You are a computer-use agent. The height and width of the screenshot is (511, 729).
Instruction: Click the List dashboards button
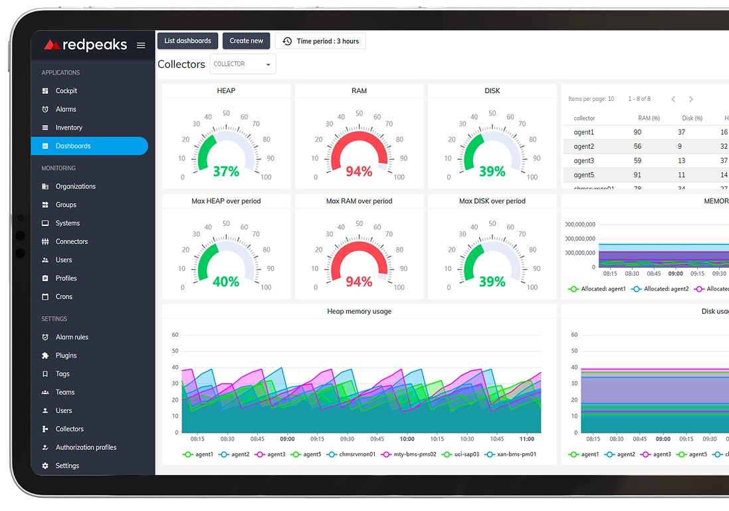coord(187,41)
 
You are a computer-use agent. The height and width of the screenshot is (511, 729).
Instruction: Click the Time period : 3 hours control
coord(320,41)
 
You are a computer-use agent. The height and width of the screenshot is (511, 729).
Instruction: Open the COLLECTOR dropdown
coord(243,64)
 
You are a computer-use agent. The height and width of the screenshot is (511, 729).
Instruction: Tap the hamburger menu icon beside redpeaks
coord(141,45)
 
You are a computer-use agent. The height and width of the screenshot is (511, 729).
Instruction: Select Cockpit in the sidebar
coord(66,91)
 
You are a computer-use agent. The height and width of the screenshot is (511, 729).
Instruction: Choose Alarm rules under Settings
coord(72,338)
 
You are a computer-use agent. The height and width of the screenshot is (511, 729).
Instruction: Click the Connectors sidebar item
coord(72,242)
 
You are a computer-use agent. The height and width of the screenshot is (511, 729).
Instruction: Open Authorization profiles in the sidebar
coord(86,448)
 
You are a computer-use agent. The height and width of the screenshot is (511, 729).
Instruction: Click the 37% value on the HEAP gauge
coord(226,172)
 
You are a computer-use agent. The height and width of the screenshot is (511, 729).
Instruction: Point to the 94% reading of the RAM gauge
coord(359,172)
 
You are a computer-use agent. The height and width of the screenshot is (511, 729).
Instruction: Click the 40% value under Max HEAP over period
coord(226,282)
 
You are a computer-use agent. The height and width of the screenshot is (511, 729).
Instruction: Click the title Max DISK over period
coord(492,201)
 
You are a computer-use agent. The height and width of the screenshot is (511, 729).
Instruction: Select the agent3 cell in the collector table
coord(584,161)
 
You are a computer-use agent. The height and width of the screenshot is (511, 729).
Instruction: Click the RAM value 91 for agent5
coord(638,175)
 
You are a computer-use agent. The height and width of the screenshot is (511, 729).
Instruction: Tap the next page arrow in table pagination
coord(691,99)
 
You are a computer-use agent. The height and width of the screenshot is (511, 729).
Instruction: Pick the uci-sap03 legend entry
coord(460,455)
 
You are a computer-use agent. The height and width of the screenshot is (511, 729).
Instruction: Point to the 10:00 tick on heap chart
coord(407,439)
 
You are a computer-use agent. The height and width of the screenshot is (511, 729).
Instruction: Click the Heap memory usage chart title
coord(359,312)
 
